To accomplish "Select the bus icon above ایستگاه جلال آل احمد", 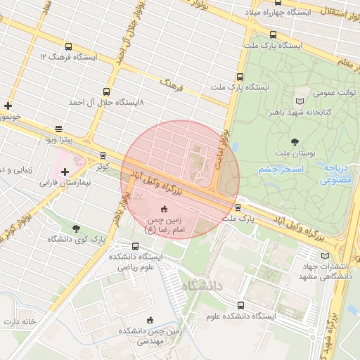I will pyautogui.click(x=106, y=91).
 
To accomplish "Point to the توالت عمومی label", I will pyautogui.click(x=313, y=92).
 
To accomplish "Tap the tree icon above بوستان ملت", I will pyautogui.click(x=295, y=142).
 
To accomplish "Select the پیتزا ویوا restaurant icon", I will pyautogui.click(x=58, y=129).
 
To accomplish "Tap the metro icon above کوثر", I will pyautogui.click(x=103, y=155).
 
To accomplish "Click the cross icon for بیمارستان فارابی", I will pyautogui.click(x=65, y=172).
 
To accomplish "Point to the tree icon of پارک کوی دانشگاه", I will pyautogui.click(x=76, y=228).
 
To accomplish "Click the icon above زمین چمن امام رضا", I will pyautogui.click(x=165, y=209).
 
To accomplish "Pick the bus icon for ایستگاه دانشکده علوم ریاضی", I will pyautogui.click(x=135, y=246).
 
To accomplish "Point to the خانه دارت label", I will pyautogui.click(x=20, y=321).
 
